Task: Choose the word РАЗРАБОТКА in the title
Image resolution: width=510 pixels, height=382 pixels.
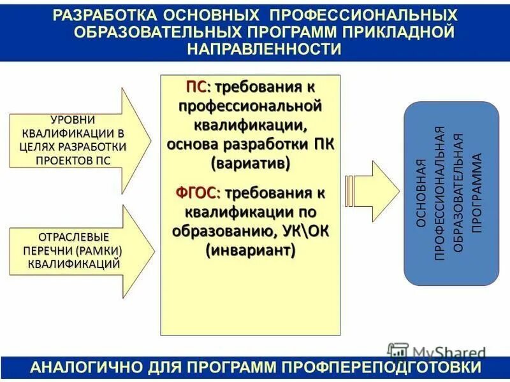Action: (x=101, y=14)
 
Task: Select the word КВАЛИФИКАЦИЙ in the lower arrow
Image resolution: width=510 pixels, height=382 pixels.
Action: (x=75, y=262)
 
